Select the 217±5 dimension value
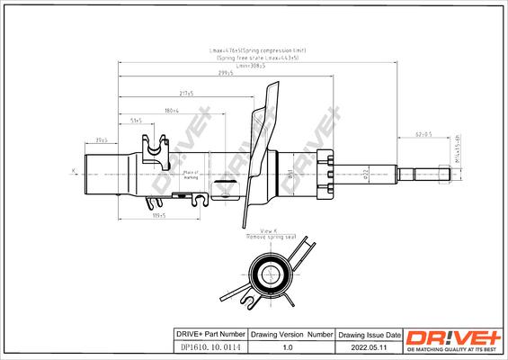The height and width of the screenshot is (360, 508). coord(186,94)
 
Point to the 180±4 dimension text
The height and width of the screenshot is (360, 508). coord(171,109)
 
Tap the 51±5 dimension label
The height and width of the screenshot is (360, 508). coord(137,120)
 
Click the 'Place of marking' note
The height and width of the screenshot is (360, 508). coord(190,174)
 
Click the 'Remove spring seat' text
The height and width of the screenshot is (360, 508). coord(271,237)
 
